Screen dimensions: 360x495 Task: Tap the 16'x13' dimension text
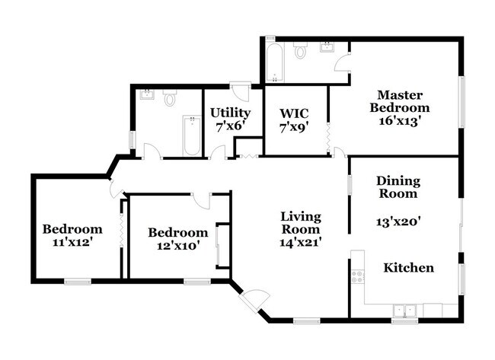pyautogui.click(x=399, y=120)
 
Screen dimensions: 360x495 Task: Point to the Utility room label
pyautogui.click(x=230, y=113)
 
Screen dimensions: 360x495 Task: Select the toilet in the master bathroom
pyautogui.click(x=301, y=51)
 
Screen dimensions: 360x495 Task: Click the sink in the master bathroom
pyautogui.click(x=328, y=48)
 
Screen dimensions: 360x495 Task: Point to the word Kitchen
pyautogui.click(x=408, y=268)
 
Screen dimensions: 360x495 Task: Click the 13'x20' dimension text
pyautogui.click(x=399, y=223)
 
